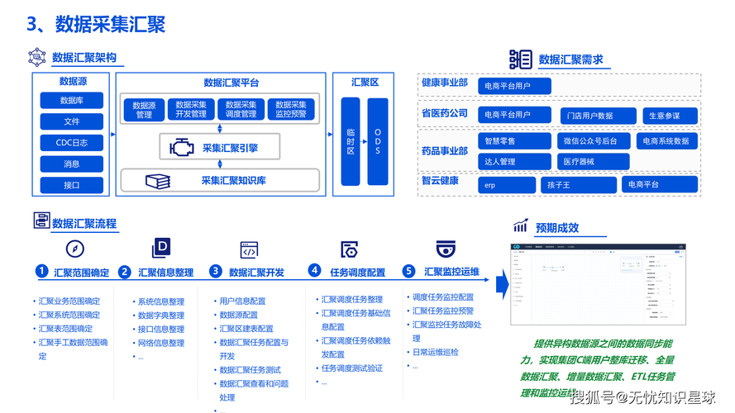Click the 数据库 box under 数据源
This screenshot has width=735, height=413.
click(71, 101)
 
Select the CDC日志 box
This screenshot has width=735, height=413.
click(71, 143)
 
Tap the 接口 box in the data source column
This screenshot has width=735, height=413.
click(71, 185)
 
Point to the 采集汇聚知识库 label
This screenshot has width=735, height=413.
click(233, 180)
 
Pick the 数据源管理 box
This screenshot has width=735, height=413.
click(145, 109)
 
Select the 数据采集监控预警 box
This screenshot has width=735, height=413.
click(291, 109)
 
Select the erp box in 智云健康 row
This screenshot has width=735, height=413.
click(507, 185)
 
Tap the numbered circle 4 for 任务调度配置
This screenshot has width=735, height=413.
click(314, 270)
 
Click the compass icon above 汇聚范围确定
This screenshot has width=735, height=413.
click(75, 249)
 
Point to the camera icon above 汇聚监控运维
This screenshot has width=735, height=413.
click(446, 249)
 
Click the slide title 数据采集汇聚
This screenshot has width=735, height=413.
click(110, 24)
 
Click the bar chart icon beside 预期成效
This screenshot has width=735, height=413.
click(521, 226)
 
